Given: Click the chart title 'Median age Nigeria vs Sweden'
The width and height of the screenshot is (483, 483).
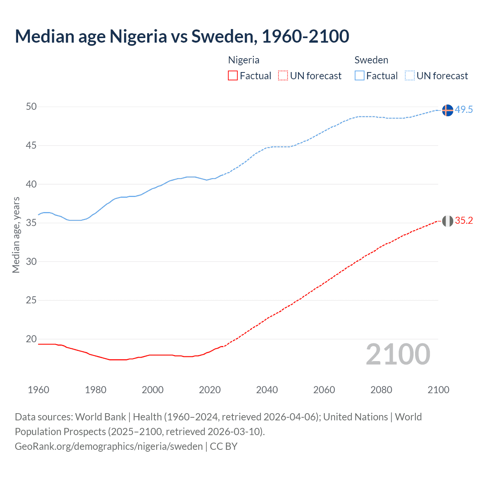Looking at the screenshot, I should pos(182,36).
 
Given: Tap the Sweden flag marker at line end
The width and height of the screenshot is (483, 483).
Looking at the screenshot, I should pos(447,110).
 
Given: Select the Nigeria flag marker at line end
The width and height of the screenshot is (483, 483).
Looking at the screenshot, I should pos(447,221).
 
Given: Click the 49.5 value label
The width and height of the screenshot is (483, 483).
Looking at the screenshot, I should pos(464,110).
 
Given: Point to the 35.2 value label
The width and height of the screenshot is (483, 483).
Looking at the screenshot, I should pos(464,221).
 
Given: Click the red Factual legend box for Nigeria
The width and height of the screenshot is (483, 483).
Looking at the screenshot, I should pos(233,76).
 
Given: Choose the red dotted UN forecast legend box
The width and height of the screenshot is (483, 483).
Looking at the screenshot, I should pos(283,76).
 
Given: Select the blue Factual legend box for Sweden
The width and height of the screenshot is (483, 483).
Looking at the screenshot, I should pos(359,76).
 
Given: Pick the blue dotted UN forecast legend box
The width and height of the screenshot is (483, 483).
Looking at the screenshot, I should pos(409,76).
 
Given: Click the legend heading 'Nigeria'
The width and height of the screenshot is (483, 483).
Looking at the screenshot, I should pos(244,60).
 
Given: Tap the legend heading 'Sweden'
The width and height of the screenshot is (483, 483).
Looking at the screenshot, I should pos(371,60).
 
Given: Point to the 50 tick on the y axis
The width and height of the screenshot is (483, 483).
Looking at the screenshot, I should pos(31,107).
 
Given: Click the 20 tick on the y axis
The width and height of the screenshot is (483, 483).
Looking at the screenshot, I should pos(31,339).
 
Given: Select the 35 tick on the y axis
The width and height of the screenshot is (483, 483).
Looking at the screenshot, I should pos(31,223).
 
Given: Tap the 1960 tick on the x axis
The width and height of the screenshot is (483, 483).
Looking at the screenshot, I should pos(38,390).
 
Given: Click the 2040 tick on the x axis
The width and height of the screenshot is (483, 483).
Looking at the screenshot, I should pos(267,390).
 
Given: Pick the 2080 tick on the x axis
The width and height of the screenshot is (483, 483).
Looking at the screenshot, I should pos(381,390).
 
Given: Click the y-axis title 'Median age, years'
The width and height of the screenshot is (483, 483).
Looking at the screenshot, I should pos(16,235).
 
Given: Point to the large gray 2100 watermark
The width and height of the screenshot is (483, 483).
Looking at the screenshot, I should pos(398,354).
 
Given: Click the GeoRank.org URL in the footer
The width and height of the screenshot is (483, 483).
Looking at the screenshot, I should pos(109,446).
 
